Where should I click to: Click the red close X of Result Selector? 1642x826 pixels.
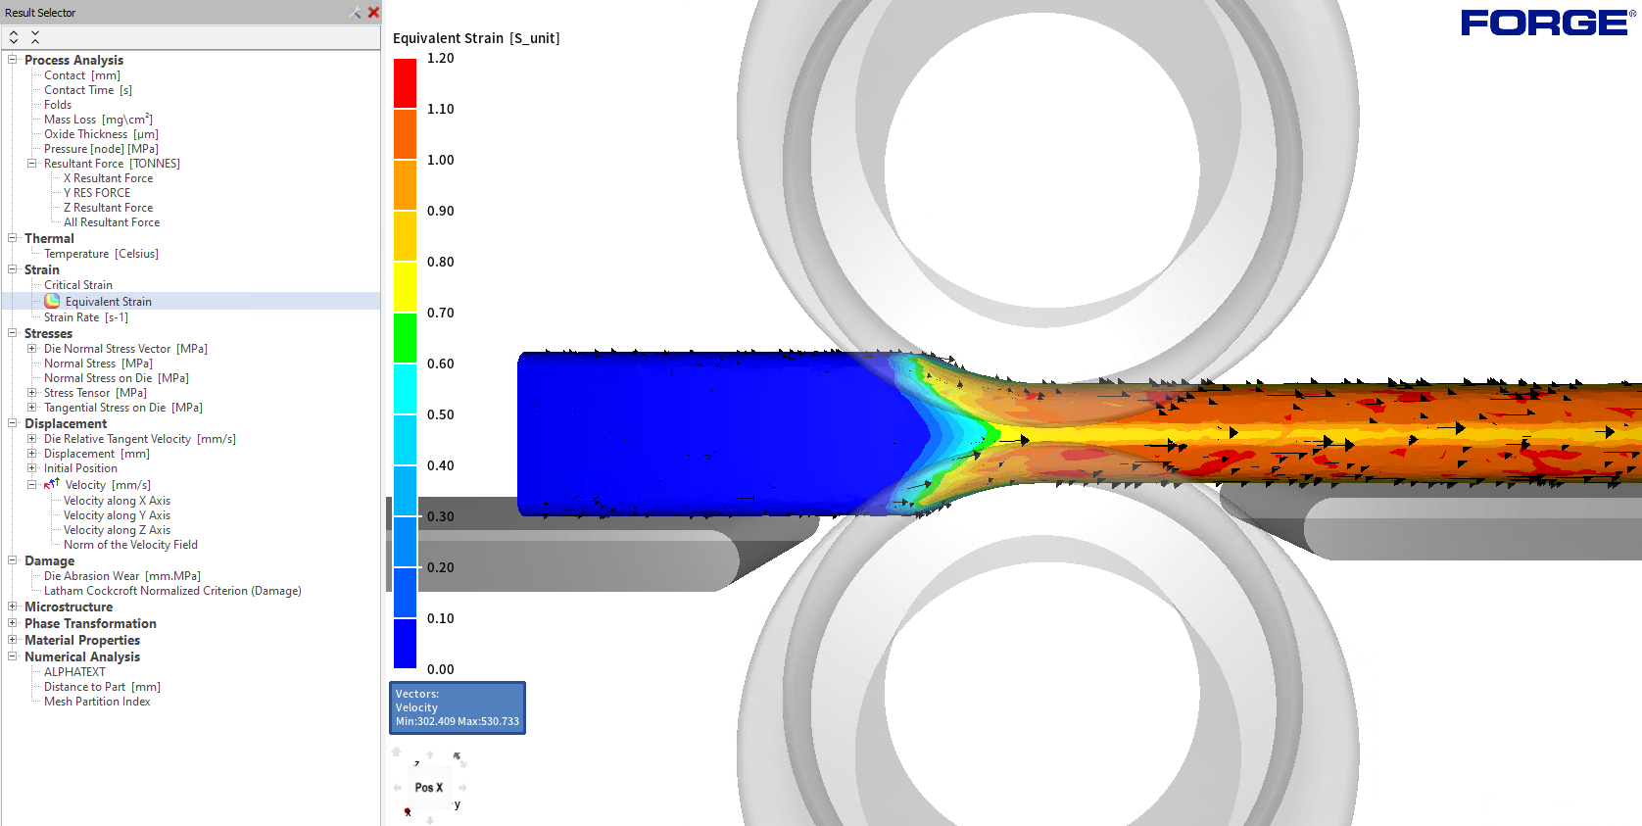[x=373, y=13]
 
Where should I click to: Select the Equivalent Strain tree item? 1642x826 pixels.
[x=108, y=302]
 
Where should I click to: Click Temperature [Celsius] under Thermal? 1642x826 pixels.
[x=101, y=254]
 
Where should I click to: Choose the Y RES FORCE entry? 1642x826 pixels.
[x=97, y=193]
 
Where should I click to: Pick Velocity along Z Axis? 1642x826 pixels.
[x=117, y=530]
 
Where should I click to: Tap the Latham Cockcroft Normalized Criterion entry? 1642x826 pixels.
[x=172, y=591]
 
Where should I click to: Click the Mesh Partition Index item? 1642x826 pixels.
[x=97, y=702]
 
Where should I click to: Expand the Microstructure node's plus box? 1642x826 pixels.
[x=13, y=607]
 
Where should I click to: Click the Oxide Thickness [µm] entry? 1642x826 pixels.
[x=101, y=134]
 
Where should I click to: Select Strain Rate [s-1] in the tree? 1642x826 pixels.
[x=86, y=317]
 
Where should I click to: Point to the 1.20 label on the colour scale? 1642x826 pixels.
[x=441, y=59]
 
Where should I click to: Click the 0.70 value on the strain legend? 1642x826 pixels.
[x=441, y=313]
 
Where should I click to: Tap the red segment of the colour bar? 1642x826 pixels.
[x=405, y=83]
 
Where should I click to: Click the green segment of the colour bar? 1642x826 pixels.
[x=405, y=338]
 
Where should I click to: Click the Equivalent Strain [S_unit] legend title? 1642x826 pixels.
[x=476, y=38]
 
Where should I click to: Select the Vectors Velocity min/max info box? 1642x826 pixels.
[x=458, y=707]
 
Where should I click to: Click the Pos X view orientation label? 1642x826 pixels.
[x=428, y=788]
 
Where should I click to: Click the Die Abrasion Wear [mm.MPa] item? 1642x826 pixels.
[x=122, y=576]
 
